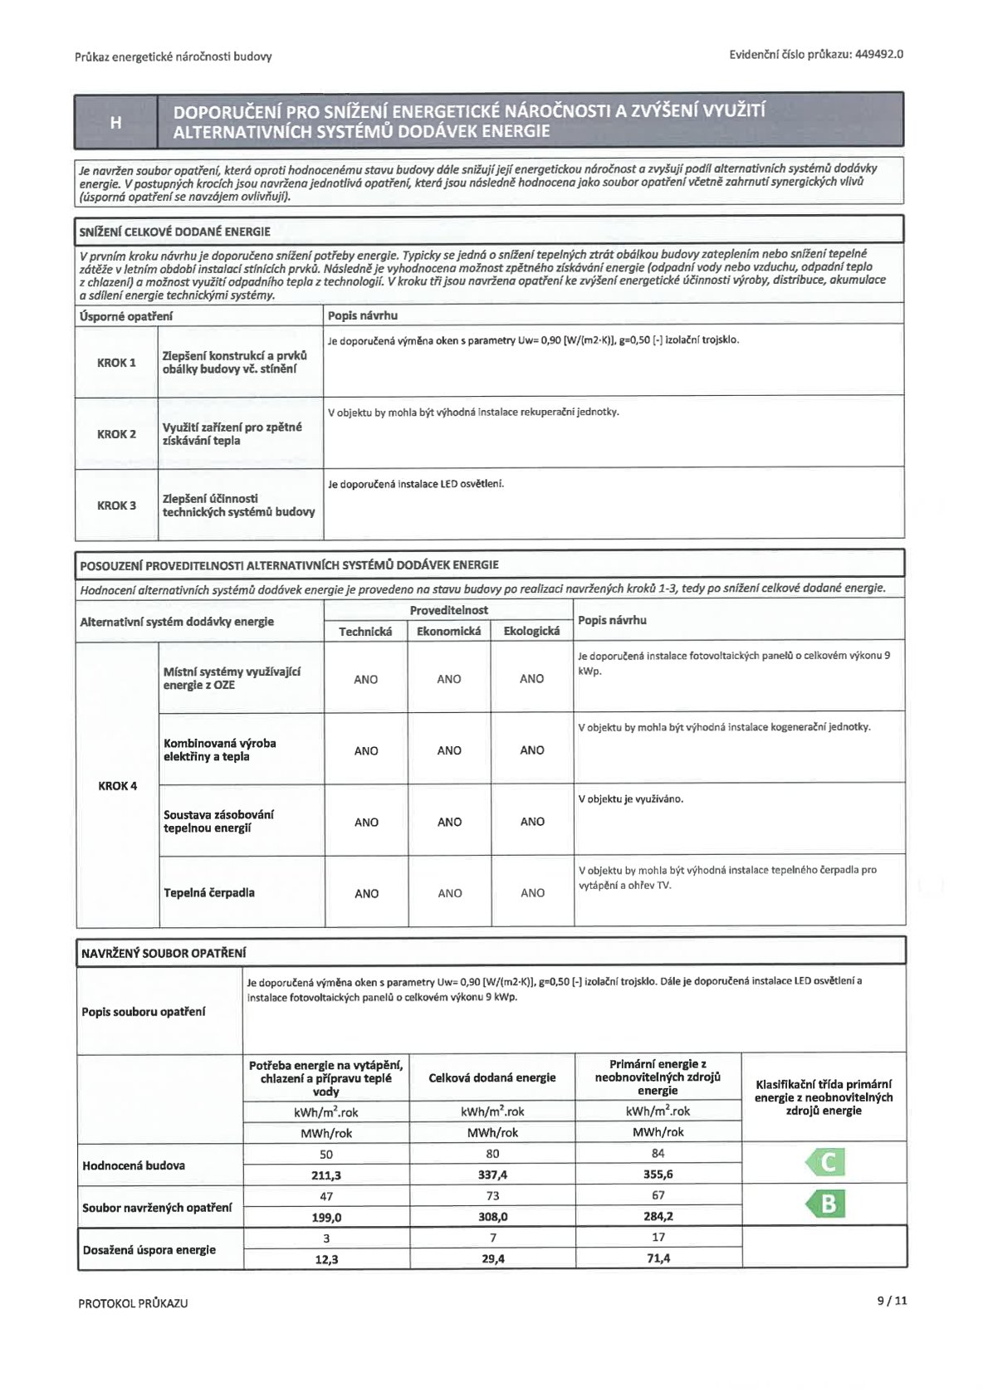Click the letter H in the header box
coord(116,122)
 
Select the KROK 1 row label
coord(116,363)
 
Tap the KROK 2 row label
coord(116,434)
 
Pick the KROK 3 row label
coord(116,506)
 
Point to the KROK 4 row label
coord(117,786)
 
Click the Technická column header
coord(365,632)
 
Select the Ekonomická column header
coord(448,632)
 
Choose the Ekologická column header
coord(531,632)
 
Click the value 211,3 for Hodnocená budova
coord(326,1175)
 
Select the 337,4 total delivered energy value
coord(492,1175)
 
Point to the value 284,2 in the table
coord(658,1217)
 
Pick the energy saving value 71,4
coord(658,1258)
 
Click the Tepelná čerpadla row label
coord(209,893)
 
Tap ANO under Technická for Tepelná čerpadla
coord(366,894)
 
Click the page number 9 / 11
coord(892,1301)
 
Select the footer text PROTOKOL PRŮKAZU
coord(133,1303)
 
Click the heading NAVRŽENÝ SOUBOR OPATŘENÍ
coord(163,954)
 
